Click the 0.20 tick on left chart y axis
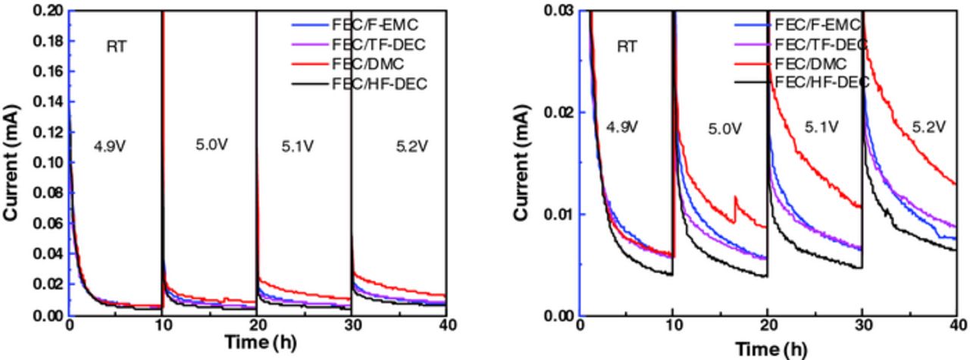[x=48, y=11]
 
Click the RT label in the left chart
[x=116, y=47]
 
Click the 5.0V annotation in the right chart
[x=724, y=130]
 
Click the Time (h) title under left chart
[x=258, y=343]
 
